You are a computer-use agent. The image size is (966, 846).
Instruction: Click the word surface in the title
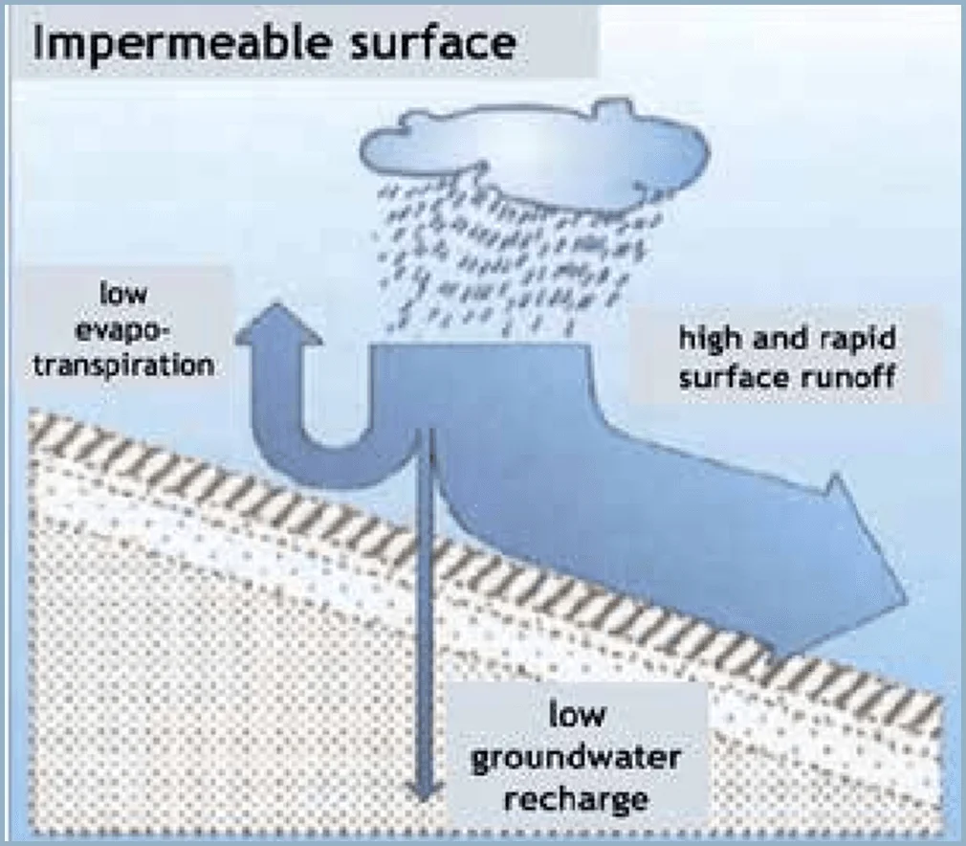pyautogui.click(x=433, y=42)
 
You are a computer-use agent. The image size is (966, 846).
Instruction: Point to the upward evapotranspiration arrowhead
pyautogui.click(x=279, y=323)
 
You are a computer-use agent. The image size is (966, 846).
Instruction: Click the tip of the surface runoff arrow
pyautogui.click(x=907, y=597)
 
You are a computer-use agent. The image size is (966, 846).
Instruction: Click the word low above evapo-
pyautogui.click(x=123, y=294)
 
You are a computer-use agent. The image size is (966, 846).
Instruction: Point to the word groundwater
pyautogui.click(x=576, y=757)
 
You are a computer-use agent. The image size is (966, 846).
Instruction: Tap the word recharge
pyautogui.click(x=576, y=798)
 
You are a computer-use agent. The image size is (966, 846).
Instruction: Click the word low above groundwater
pyautogui.click(x=577, y=715)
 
